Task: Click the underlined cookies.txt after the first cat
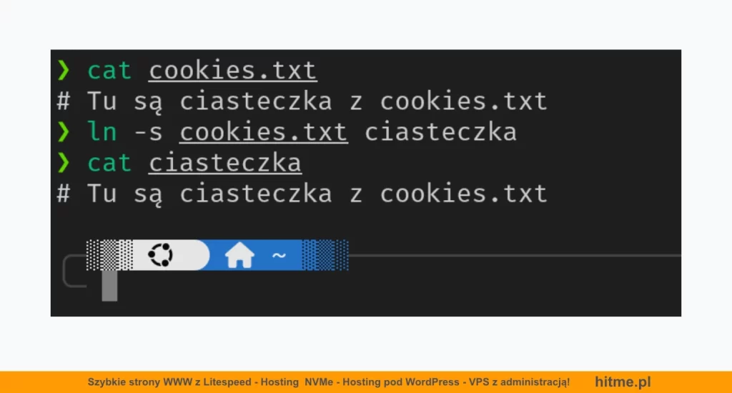click(x=233, y=71)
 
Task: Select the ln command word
click(x=102, y=131)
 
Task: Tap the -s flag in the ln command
click(x=148, y=133)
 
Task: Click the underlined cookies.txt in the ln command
click(x=264, y=133)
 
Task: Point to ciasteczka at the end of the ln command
click(x=440, y=132)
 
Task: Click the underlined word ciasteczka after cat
click(x=225, y=164)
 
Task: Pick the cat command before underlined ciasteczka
click(x=109, y=164)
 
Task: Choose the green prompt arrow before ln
click(x=64, y=132)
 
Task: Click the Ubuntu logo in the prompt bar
click(x=161, y=255)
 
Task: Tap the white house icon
click(x=239, y=255)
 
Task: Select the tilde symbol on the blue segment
click(x=279, y=255)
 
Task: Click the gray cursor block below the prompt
click(x=109, y=286)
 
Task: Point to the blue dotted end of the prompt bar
click(x=325, y=255)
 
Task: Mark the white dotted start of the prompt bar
click(x=109, y=255)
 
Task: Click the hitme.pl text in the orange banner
click(x=623, y=382)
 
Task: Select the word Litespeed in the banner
click(x=227, y=382)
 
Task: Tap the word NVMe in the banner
click(x=319, y=382)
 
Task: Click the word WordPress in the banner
click(x=432, y=382)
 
